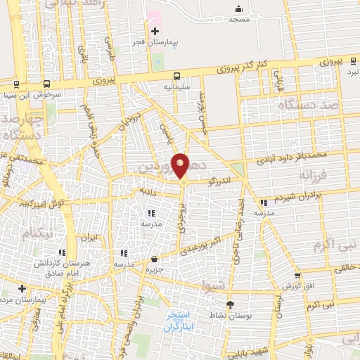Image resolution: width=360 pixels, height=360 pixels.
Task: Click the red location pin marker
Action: coord(181,166)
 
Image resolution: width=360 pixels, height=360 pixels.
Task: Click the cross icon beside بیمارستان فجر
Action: coord(155,31)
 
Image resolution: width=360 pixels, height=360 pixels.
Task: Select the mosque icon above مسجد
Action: coord(239,9)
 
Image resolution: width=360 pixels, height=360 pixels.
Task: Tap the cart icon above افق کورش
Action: coord(297,275)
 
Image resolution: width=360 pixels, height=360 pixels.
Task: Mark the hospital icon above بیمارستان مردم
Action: coord(23,288)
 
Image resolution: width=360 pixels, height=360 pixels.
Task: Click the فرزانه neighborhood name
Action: coord(314,174)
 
